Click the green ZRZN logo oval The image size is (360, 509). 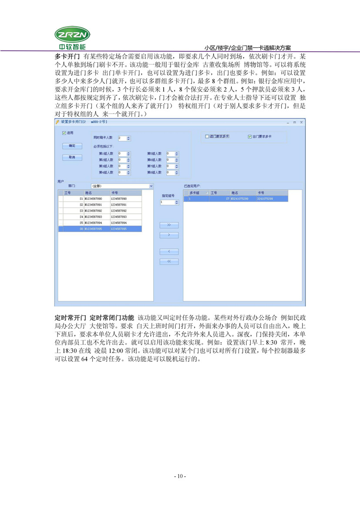71,34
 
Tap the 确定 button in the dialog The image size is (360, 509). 72,146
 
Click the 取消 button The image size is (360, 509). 72,157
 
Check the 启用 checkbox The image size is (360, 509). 64,132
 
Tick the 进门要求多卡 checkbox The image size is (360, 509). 207,136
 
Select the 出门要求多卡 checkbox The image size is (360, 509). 249,136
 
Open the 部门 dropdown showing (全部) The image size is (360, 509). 121,186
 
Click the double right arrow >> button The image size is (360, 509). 169,225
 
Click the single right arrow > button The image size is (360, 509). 169,235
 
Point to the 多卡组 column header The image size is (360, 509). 194,192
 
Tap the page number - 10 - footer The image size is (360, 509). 180,476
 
